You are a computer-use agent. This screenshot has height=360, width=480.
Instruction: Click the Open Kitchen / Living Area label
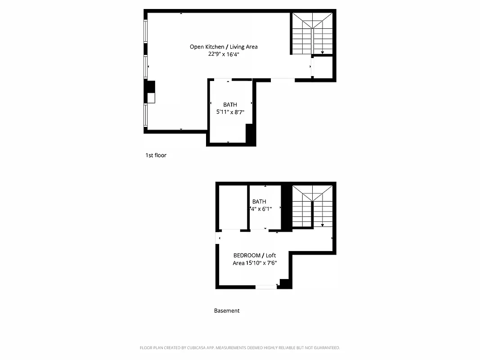(224, 46)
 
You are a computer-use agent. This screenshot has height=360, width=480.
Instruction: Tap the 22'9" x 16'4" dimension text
(224, 54)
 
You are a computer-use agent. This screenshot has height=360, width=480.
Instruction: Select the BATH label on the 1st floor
(230, 104)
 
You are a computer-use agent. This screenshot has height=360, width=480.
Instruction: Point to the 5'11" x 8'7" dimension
(230, 112)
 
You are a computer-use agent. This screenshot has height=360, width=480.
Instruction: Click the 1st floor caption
(156, 155)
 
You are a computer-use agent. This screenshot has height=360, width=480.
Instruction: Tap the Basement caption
(227, 310)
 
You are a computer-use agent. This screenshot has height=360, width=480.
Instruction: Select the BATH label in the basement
(259, 201)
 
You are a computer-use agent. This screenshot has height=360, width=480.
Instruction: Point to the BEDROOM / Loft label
(255, 255)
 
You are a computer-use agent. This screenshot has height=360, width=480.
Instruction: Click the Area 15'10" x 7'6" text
(255, 263)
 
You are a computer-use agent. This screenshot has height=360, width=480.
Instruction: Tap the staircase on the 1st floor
(312, 34)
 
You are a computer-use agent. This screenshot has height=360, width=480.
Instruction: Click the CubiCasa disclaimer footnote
(240, 348)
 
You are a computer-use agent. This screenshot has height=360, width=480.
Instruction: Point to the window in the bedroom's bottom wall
(266, 287)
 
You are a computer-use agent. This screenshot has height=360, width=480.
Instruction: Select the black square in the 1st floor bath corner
(251, 134)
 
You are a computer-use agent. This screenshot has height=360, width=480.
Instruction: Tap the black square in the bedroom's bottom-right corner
(284, 283)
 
